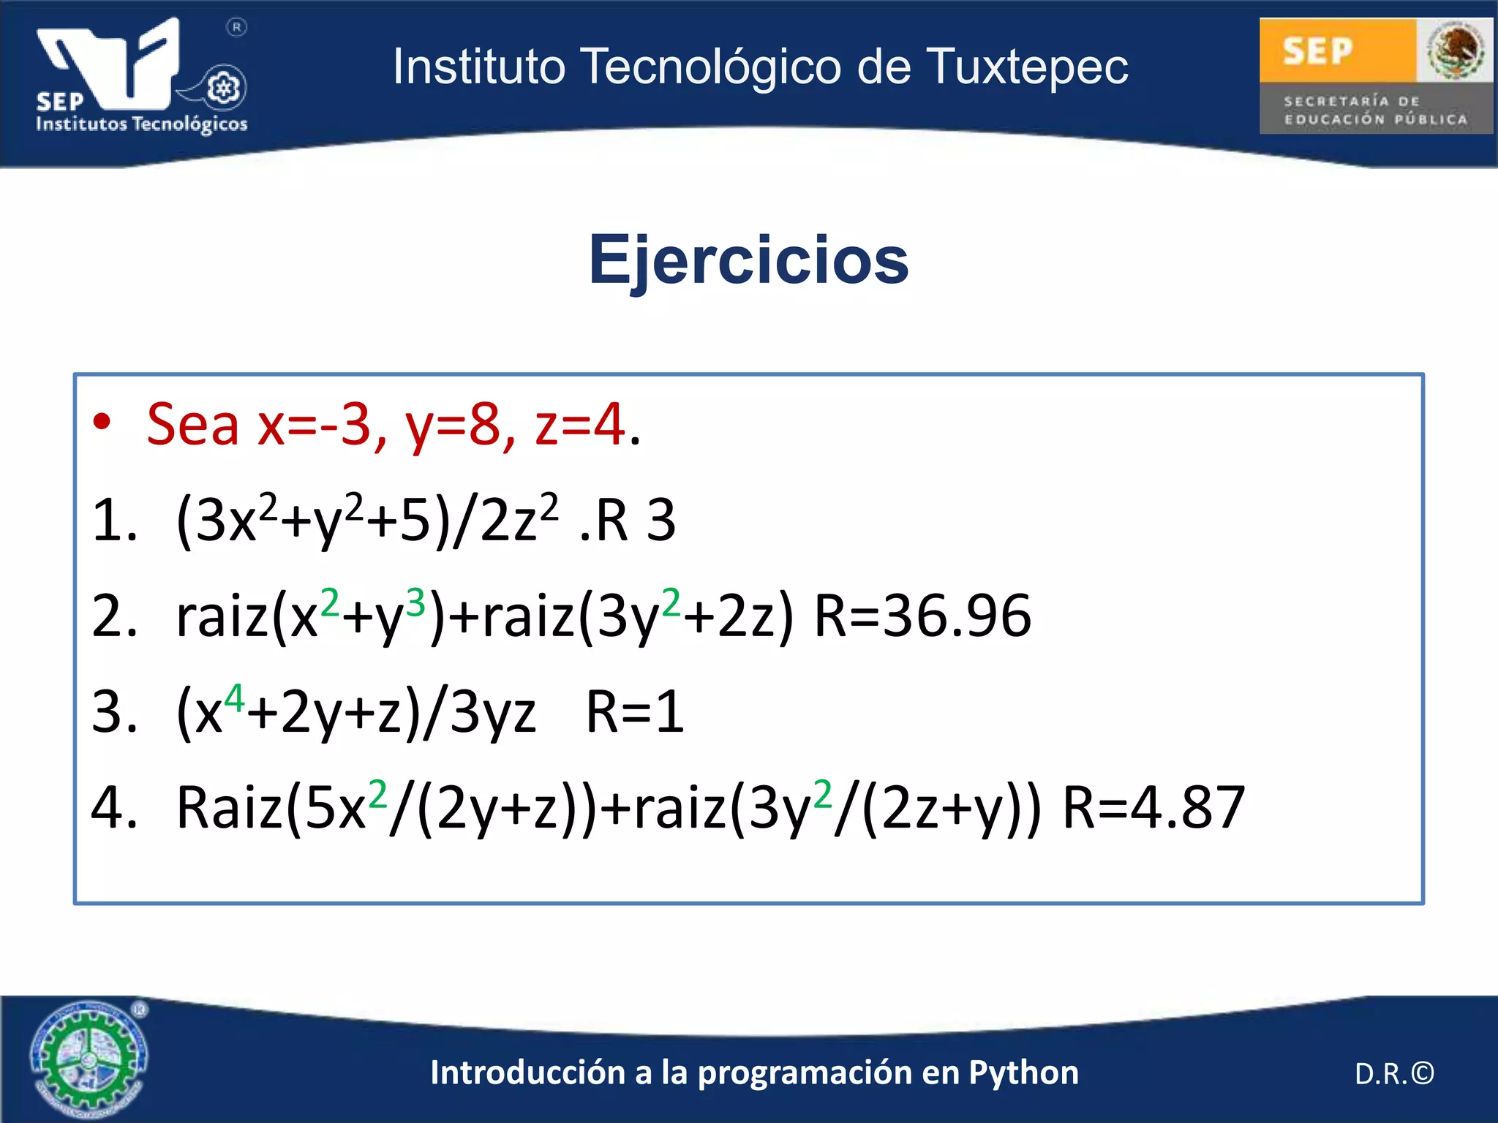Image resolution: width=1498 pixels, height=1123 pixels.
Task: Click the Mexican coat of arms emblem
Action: [1454, 50]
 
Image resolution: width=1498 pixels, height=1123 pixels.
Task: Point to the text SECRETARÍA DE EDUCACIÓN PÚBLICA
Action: [1375, 110]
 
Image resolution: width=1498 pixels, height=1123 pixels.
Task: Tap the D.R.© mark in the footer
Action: [1394, 1073]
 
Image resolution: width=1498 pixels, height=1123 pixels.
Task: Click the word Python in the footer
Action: [1023, 1073]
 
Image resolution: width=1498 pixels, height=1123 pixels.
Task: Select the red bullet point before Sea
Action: [102, 422]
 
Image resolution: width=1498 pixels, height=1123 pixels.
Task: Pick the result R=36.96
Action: [922, 616]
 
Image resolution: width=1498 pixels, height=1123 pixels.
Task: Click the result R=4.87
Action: [1153, 808]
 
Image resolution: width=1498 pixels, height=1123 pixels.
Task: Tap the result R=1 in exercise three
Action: [634, 711]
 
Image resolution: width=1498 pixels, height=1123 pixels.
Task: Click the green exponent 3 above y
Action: [415, 603]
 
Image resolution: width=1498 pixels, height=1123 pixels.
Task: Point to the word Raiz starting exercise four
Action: [229, 808]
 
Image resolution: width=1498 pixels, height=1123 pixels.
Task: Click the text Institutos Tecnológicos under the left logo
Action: [142, 124]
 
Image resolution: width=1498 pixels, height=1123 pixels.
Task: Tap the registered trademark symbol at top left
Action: [236, 28]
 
